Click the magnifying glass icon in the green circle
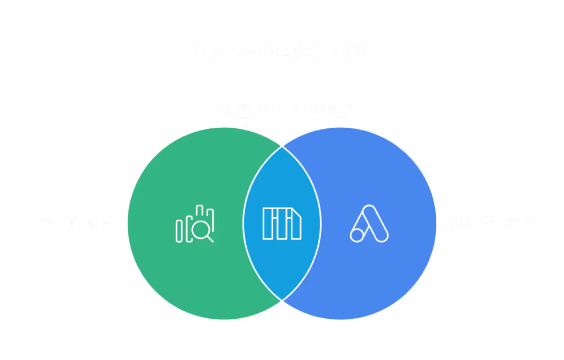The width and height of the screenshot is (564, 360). tap(203, 230)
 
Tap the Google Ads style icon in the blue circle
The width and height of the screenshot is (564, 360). tap(370, 223)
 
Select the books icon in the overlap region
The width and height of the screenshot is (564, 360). tap(282, 223)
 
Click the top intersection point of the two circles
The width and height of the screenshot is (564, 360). tap(282, 147)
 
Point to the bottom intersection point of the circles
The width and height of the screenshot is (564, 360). tap(282, 300)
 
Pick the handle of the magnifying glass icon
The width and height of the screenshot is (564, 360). tap(210, 238)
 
